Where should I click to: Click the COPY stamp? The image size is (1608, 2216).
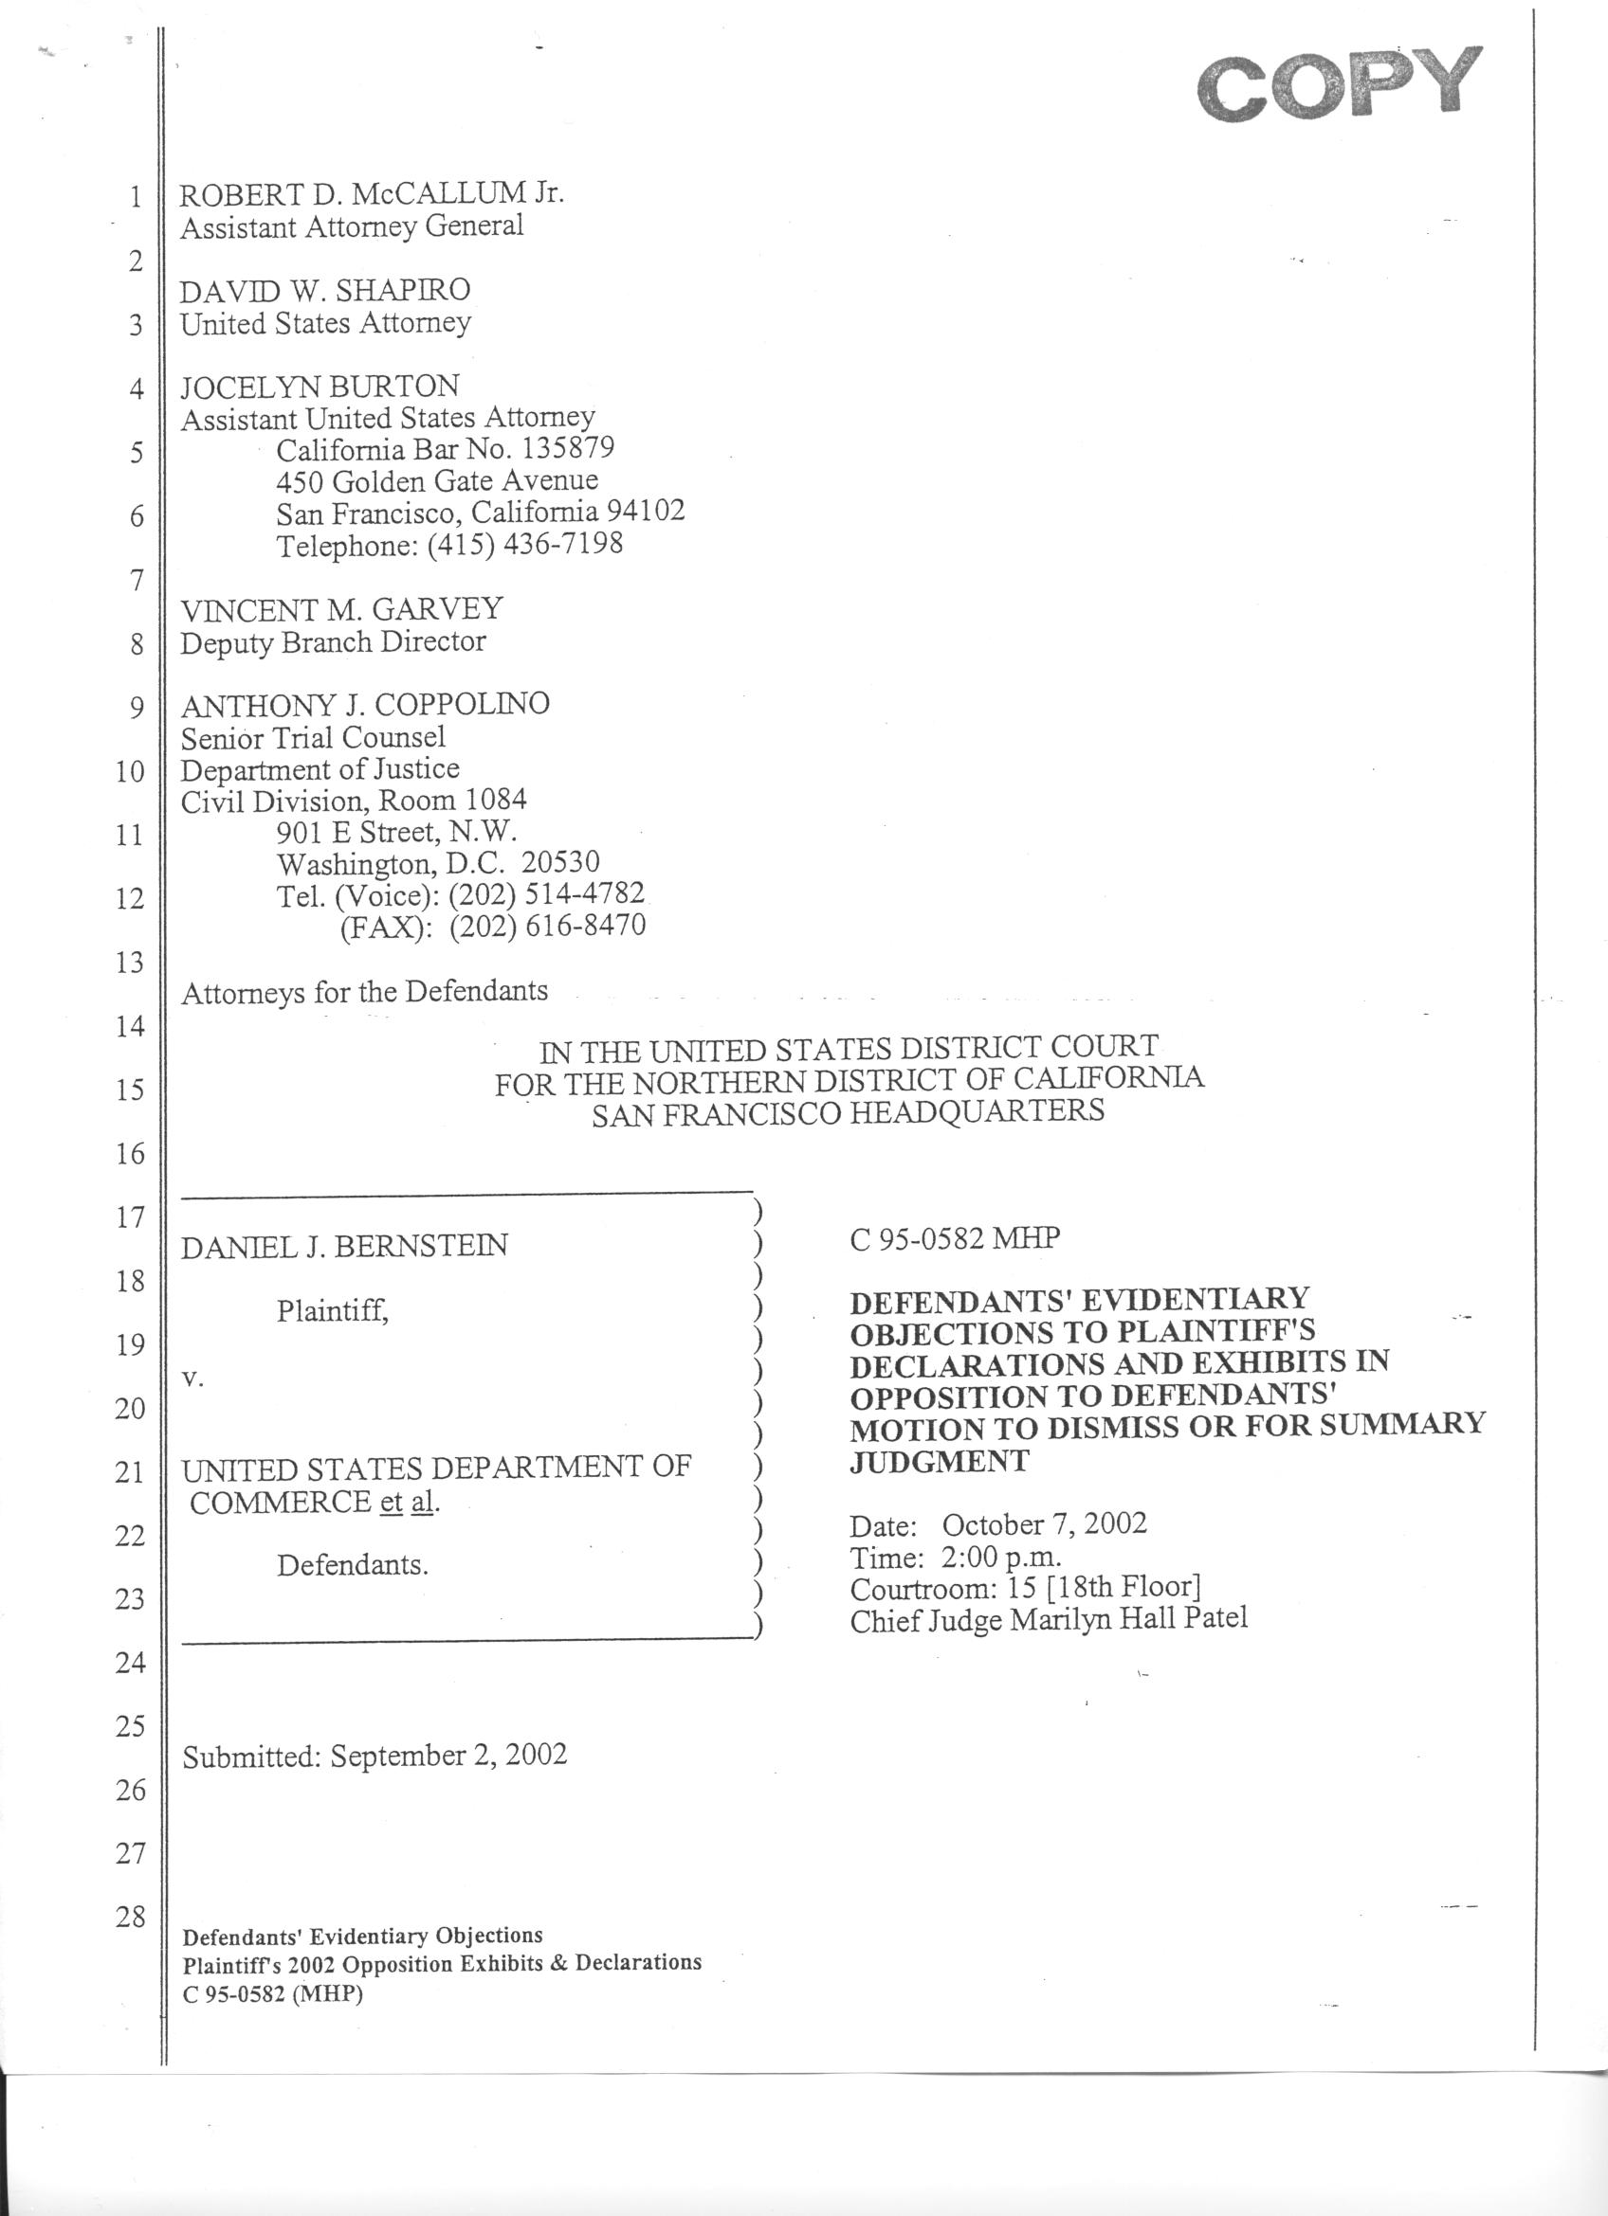tap(1338, 86)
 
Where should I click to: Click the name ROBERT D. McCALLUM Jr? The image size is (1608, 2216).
tap(372, 193)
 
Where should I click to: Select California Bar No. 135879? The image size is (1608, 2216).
tap(445, 449)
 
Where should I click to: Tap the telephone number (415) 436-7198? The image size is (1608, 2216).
tap(524, 543)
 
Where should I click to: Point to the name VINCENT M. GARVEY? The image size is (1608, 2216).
tap(341, 610)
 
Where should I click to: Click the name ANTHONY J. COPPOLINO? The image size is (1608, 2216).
tap(365, 704)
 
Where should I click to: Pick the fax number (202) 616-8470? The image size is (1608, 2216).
tap(547, 926)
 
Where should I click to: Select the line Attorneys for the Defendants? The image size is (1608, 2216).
tap(365, 992)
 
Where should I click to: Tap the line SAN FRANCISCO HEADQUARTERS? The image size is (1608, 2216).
tap(848, 1112)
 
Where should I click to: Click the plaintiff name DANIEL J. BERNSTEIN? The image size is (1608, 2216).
tap(344, 1246)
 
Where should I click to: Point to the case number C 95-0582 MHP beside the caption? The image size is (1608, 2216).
tap(954, 1239)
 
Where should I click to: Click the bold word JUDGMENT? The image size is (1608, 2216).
tap(939, 1461)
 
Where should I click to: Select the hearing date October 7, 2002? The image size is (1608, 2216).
tap(1044, 1524)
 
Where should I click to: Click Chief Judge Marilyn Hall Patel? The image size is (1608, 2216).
tap(1048, 1620)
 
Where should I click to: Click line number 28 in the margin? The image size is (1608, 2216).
tap(130, 1916)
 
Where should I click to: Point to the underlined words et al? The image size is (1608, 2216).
tap(409, 1502)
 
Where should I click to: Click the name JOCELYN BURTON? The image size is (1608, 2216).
tap(320, 386)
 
